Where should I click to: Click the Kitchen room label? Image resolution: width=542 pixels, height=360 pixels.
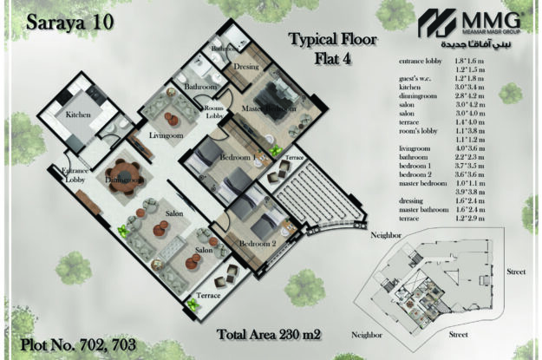(73, 115)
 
